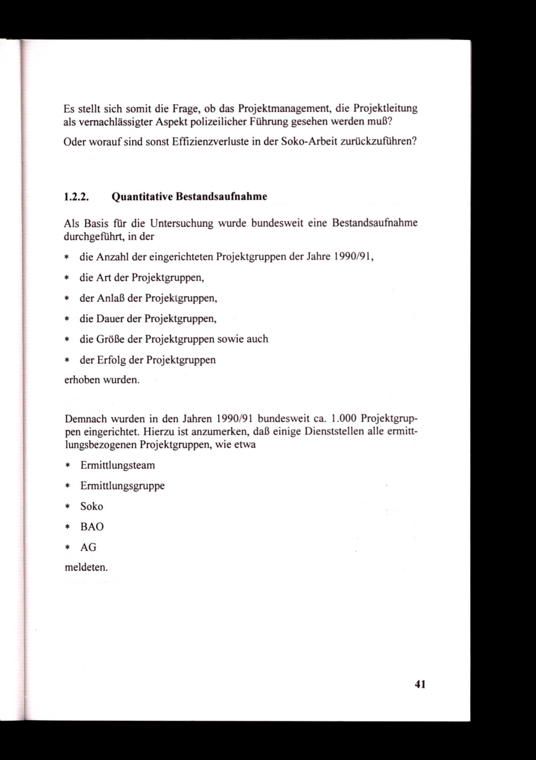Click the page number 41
[420, 684]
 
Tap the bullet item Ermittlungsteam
[118, 465]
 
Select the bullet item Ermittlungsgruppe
[122, 486]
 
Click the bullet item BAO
[92, 527]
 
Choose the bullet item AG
[88, 547]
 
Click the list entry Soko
[92, 506]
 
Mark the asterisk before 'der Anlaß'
[66, 299]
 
